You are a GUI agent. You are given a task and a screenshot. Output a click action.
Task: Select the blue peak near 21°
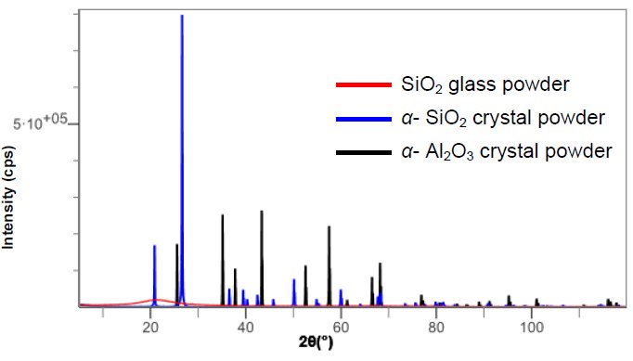click(x=155, y=247)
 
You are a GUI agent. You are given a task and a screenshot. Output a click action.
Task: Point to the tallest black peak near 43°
click(x=262, y=213)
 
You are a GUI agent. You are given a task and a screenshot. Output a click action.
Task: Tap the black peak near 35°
click(x=223, y=216)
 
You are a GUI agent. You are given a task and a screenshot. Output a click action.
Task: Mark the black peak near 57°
click(x=329, y=227)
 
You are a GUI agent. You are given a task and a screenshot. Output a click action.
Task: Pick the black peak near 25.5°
click(x=176, y=246)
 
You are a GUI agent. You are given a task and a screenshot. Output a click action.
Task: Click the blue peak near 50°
click(x=294, y=280)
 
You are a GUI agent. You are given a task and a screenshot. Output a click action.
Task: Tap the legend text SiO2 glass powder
click(x=484, y=86)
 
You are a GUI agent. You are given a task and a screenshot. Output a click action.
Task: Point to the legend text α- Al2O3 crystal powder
click(x=507, y=151)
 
